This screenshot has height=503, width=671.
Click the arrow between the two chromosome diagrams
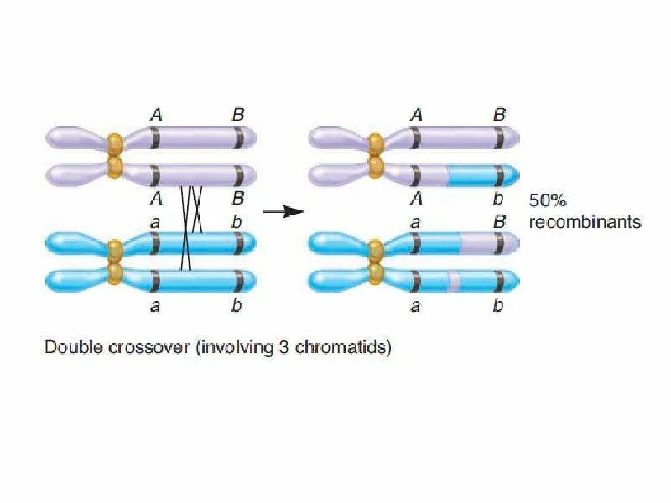283,211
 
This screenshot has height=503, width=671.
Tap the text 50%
550,201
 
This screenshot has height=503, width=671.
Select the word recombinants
584,222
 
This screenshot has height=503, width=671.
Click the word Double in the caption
72,347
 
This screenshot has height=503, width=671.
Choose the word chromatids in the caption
340,347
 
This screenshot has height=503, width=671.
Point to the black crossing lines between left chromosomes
191,226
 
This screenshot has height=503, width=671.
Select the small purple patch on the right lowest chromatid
454,280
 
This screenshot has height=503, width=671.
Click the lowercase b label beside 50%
498,200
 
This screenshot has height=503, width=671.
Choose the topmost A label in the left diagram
155,115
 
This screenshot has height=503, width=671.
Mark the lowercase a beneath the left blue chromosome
155,307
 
